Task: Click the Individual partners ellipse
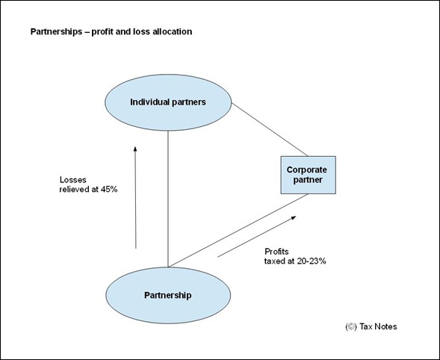point(168,102)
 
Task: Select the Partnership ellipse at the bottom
point(168,295)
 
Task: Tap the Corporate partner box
point(308,175)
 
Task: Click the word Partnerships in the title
point(56,31)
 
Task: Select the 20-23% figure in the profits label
point(312,261)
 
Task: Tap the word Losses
point(73,180)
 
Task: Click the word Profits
point(276,252)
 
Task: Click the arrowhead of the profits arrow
point(294,217)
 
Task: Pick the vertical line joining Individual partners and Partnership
point(168,199)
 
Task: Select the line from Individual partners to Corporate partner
point(270,130)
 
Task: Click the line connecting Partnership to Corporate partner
point(238,230)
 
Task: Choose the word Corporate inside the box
point(307,170)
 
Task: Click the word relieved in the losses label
point(75,190)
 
